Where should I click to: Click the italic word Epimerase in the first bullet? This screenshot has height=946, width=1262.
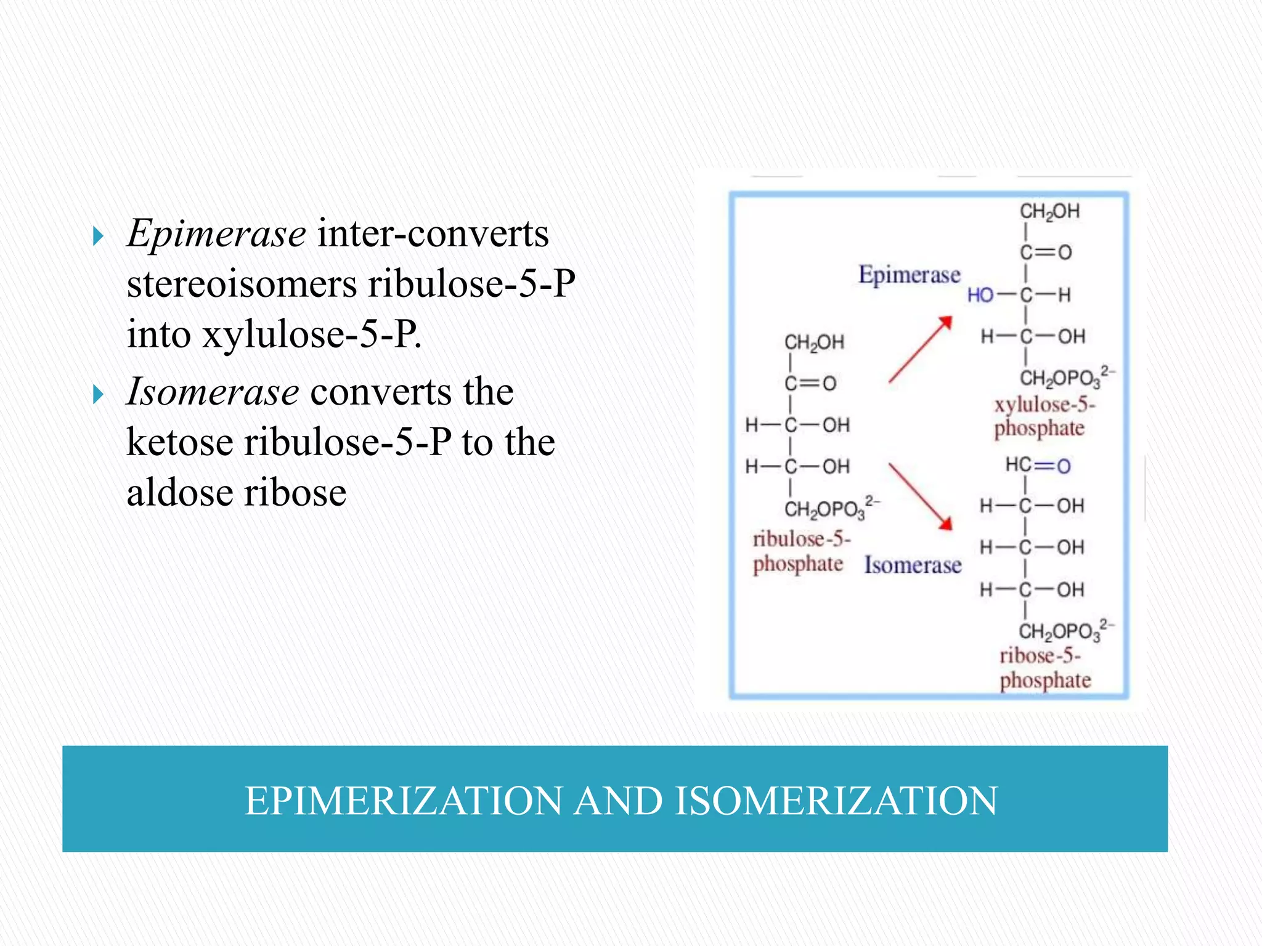coord(216,234)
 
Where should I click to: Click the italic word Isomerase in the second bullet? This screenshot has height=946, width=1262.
coord(213,392)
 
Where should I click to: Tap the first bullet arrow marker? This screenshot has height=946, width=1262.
coord(97,235)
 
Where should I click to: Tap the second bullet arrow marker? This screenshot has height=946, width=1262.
coord(97,394)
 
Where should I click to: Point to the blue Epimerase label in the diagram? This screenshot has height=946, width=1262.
coord(909,275)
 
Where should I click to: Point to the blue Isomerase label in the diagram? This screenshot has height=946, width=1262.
coord(912,565)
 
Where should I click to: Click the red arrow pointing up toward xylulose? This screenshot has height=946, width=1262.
coord(920,350)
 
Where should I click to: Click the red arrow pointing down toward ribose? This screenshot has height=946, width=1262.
coord(920,496)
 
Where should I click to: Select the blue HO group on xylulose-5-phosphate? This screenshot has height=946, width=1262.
coord(980,296)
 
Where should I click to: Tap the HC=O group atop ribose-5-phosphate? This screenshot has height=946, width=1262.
coord(1038,465)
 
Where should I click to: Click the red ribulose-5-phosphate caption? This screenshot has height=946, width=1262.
coord(800,551)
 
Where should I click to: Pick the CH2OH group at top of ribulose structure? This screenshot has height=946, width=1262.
coord(813,342)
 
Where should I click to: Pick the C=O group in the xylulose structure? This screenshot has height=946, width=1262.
coord(1046,253)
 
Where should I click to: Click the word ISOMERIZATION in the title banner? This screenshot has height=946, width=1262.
coord(836,801)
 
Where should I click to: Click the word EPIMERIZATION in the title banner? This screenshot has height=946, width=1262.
coord(403,801)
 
